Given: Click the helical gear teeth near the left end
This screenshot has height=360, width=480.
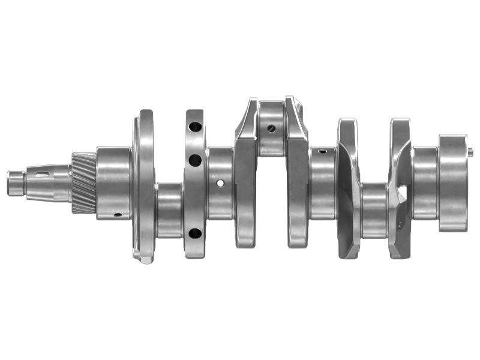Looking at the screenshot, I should click(x=83, y=183).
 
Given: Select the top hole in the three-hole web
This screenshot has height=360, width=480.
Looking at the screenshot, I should click(x=195, y=127).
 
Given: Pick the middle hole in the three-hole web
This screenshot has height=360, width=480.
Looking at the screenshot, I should click(x=195, y=160).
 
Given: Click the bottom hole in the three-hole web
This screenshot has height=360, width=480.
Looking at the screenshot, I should click(x=195, y=233).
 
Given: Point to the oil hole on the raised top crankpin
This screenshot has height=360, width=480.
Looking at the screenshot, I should click(x=272, y=128).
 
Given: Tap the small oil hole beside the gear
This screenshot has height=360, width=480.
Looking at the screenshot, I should click(x=118, y=214).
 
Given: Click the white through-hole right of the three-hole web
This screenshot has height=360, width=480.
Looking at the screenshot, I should click(x=221, y=183).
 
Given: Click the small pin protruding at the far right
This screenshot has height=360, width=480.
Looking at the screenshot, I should click(x=470, y=151).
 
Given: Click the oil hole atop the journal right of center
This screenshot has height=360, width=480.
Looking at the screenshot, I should click(x=322, y=151).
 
